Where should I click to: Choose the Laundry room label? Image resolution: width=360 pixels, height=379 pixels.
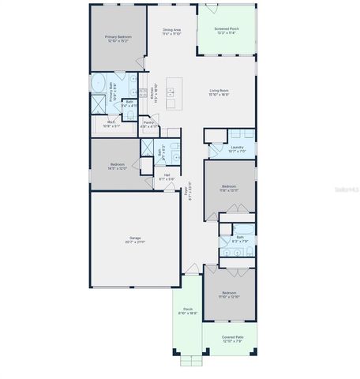(236, 148)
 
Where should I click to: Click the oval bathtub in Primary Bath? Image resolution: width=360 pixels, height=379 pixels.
(100, 83)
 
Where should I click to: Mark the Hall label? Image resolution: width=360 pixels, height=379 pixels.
(167, 178)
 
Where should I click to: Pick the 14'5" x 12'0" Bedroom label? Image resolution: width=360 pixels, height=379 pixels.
(117, 166)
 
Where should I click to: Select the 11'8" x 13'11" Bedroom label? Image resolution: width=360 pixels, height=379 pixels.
(228, 188)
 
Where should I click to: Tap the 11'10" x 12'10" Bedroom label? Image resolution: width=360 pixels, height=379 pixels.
(228, 296)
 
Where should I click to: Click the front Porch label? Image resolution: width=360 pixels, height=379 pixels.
(188, 310)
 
